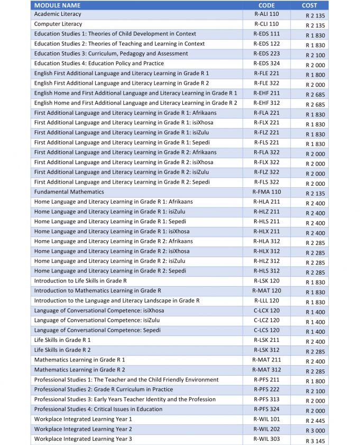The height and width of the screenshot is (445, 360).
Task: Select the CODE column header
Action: tap(266, 5)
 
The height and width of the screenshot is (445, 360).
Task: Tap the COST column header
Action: tap(309, 5)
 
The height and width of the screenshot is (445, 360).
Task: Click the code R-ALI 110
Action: tap(266, 14)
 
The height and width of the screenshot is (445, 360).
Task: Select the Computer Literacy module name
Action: tap(58, 24)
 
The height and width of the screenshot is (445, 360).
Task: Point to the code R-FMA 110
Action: tap(266, 192)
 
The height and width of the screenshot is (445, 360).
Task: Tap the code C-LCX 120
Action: tap(266, 310)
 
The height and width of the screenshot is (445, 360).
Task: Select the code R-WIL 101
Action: tap(266, 419)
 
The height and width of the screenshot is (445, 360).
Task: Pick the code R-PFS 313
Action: tap(266, 399)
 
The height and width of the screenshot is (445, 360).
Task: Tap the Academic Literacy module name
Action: tap(58, 14)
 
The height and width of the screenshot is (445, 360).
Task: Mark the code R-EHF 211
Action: tap(266, 93)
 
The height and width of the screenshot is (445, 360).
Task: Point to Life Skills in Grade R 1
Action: tap(62, 340)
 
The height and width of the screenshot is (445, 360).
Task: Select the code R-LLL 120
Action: tap(266, 301)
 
